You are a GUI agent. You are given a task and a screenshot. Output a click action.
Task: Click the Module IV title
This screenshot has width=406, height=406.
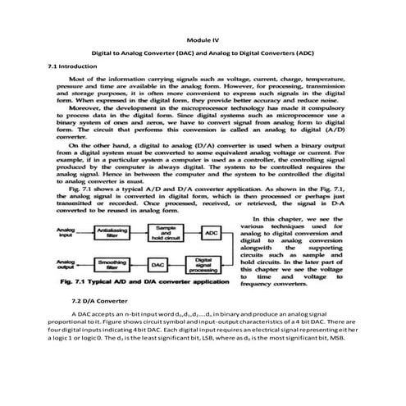203,39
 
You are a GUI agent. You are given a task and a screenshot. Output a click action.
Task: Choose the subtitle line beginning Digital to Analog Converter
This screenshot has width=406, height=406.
203,52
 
